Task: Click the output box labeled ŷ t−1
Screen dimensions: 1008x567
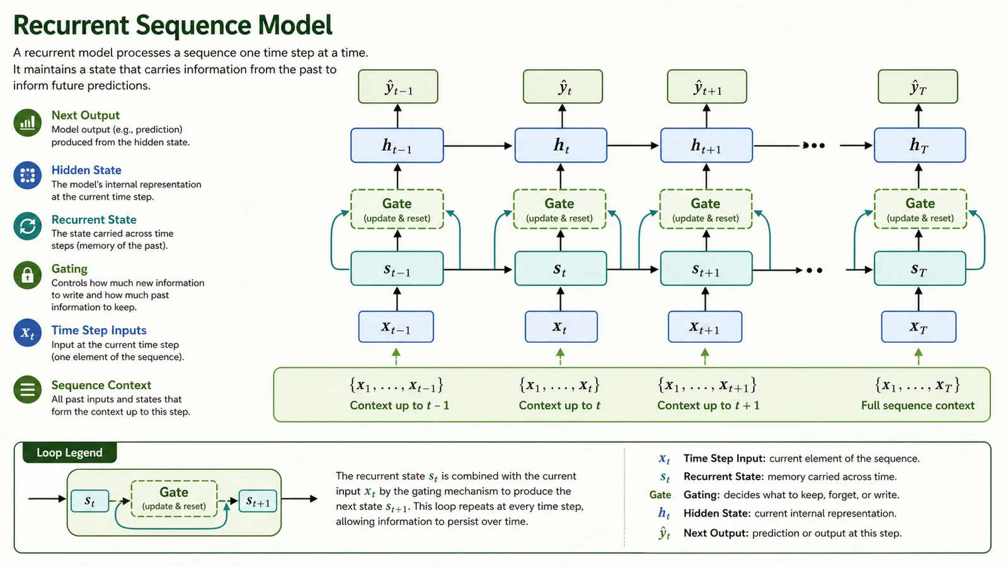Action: pos(398,86)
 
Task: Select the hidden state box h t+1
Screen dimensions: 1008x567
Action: pos(706,146)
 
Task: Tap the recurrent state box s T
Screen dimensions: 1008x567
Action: pos(919,268)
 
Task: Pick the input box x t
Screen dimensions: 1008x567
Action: pos(561,327)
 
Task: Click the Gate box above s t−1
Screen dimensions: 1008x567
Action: pos(397,209)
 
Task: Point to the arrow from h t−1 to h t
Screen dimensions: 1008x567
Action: pos(478,146)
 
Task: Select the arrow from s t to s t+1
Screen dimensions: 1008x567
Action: pos(633,270)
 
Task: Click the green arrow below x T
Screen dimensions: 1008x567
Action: pos(919,357)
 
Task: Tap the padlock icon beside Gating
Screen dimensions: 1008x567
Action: pos(28,275)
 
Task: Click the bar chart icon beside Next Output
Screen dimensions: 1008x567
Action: pos(28,122)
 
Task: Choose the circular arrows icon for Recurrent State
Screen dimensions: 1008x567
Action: pos(28,226)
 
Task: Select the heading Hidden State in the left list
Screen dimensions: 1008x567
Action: pos(86,170)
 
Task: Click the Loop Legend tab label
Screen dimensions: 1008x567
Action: pos(70,453)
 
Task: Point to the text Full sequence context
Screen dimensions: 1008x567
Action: pos(918,406)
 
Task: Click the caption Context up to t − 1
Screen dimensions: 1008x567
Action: pos(399,406)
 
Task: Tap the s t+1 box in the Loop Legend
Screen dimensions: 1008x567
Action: pos(258,501)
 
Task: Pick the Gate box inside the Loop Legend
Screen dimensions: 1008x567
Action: pos(174,498)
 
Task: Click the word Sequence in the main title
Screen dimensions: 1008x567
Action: pos(193,25)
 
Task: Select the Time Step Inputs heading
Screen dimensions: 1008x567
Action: pos(99,330)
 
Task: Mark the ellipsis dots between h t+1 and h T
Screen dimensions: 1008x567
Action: pos(814,146)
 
